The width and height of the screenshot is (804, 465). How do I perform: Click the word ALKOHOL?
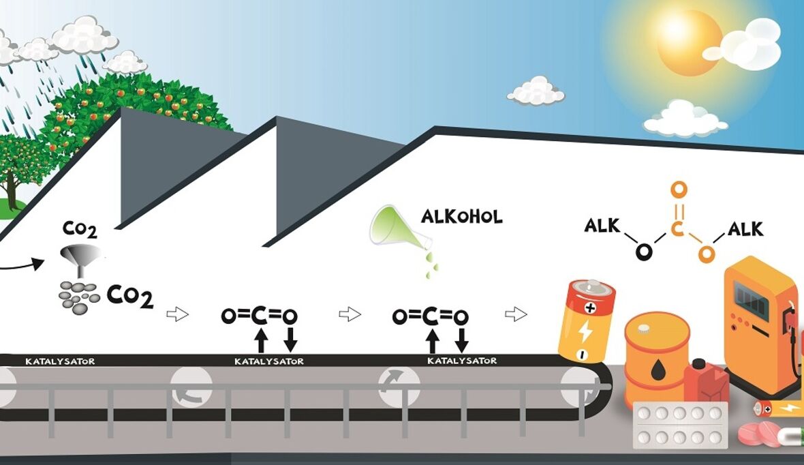pos(461,217)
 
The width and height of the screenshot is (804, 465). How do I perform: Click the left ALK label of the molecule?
pos(602,225)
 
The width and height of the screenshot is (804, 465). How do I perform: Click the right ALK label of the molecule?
pos(745,228)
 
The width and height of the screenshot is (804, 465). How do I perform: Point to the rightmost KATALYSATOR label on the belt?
pos(462,360)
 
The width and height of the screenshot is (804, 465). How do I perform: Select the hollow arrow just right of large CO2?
pos(177,314)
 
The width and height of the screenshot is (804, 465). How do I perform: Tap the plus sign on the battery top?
pos(589,308)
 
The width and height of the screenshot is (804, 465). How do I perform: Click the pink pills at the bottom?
pos(760,433)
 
